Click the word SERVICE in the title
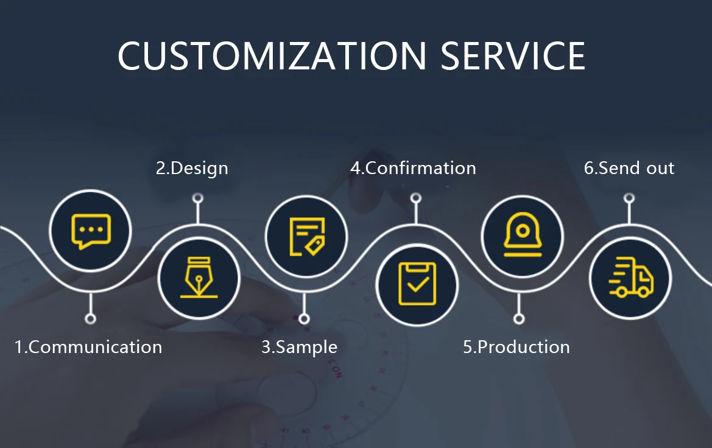pos(513,56)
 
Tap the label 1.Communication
pos(88,347)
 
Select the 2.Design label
pos(192,169)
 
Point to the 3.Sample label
pos(299,348)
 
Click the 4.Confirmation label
pos(413,168)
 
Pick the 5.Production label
pos(516,347)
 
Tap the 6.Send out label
pos(629,168)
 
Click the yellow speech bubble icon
pos(91,231)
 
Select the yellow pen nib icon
pos(199,278)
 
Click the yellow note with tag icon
pos(307,237)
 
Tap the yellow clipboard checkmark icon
pos(417,284)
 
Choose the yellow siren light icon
pos(523,235)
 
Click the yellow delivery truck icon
pos(631,278)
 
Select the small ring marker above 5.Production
pos(519,318)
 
